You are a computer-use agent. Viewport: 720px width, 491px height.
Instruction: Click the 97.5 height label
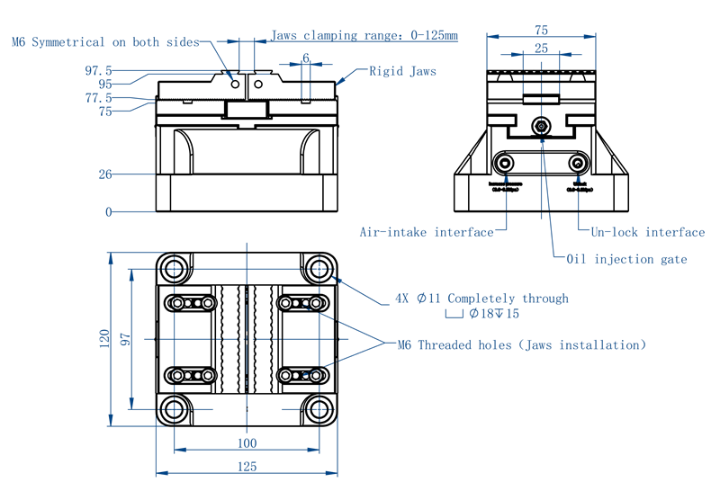coord(98,70)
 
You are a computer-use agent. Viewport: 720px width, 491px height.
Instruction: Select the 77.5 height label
coord(98,97)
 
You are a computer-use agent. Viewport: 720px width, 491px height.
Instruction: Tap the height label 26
coord(105,174)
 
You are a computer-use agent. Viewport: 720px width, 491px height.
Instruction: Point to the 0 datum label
coord(108,212)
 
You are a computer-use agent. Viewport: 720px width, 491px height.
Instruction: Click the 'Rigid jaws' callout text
coord(402,71)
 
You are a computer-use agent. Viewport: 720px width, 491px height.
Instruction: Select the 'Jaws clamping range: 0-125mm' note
coord(364,36)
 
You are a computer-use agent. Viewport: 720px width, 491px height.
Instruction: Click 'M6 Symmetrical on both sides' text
coord(105,42)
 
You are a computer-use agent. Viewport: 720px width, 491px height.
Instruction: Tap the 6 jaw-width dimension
coord(306,58)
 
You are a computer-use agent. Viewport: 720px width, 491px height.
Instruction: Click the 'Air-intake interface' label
coord(427,232)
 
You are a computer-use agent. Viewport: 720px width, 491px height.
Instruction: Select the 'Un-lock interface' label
coord(647,232)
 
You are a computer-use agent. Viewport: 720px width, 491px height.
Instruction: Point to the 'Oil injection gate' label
coord(626,259)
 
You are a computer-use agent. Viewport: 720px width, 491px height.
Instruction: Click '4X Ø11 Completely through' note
coord(481,299)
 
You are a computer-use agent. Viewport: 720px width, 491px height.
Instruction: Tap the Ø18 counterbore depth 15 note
coord(493,314)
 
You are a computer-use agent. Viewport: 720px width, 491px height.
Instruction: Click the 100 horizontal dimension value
coord(246,442)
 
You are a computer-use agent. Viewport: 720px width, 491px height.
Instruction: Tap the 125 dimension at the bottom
coord(246,466)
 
